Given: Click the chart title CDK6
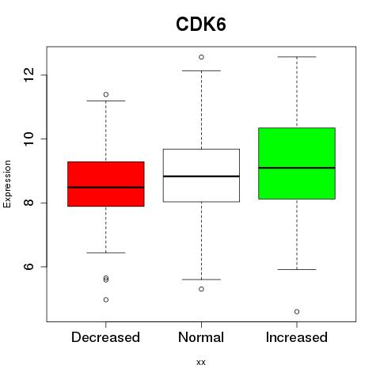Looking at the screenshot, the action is [201, 25].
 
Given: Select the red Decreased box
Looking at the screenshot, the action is [106, 184].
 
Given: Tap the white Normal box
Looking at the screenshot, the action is [201, 176].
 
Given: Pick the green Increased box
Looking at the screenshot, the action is [297, 163].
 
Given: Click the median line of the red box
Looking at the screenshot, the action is [106, 188].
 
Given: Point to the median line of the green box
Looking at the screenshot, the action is [297, 168].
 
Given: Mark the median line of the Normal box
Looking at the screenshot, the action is [201, 176].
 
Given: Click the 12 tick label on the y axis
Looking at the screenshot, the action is [29, 75].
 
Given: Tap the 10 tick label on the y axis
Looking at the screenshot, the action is [29, 139].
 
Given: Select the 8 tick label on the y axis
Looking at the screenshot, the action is [29, 203].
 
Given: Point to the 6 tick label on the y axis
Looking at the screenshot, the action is [29, 267].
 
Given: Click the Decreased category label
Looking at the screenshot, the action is [105, 337].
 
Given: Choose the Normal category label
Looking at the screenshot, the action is [201, 337].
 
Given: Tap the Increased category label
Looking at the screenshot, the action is [297, 337].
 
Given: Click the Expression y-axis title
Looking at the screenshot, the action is [7, 184].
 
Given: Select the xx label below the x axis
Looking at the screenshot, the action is [201, 363].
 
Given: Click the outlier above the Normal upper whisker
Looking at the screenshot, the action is [201, 57].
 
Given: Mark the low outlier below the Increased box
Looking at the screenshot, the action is [297, 312].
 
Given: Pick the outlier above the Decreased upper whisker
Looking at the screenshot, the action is [106, 94].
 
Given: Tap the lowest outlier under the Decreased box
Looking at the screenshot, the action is [106, 300].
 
